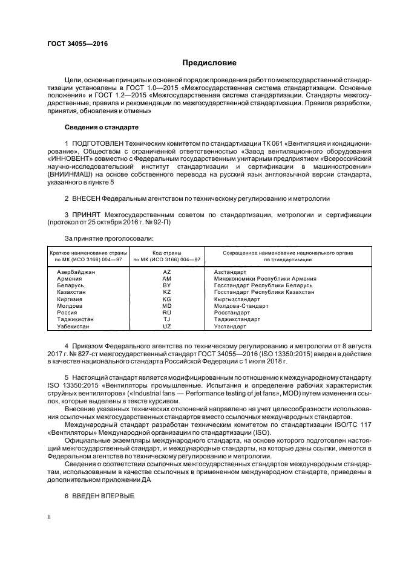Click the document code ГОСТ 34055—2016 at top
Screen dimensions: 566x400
tap(73, 44)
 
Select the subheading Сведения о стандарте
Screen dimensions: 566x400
tap(102, 128)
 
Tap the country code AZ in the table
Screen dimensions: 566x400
tap(167, 272)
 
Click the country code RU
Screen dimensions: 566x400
tap(167, 313)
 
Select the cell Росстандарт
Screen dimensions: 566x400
tap(232, 313)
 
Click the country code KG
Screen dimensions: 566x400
tap(167, 299)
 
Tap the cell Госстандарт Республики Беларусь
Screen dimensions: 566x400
tap(263, 285)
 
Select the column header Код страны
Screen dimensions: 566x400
tap(167, 252)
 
